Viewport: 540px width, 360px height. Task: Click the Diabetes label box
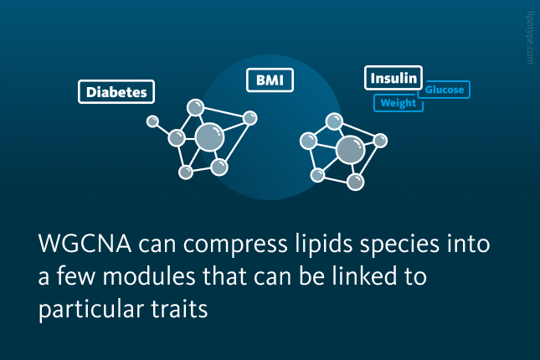(116, 91)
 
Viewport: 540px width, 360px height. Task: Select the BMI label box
(270, 80)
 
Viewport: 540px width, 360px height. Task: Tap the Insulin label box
(393, 78)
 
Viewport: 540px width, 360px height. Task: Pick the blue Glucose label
(445, 90)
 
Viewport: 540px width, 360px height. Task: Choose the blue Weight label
(399, 103)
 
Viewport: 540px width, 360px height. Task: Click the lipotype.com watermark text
(530, 38)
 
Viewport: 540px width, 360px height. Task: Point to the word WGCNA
(85, 244)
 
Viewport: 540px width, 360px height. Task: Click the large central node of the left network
(209, 137)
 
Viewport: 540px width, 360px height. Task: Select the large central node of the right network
(350, 150)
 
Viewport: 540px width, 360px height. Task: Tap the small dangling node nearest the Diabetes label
(152, 121)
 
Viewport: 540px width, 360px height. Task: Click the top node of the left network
(195, 107)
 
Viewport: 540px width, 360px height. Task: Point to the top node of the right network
(334, 121)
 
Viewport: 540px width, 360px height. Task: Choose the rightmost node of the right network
(380, 141)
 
